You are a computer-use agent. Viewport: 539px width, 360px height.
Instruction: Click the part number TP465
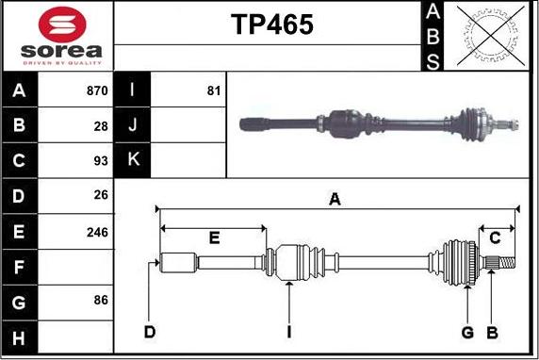(x=272, y=26)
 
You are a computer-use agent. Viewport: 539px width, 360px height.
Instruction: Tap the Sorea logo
(x=57, y=36)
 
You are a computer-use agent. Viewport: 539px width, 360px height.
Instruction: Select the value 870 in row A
(x=97, y=91)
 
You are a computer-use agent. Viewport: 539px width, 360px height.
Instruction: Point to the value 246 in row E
(x=97, y=231)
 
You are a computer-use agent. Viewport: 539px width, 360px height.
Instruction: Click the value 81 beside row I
(x=213, y=91)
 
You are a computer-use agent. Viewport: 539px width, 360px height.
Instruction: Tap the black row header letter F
(x=20, y=267)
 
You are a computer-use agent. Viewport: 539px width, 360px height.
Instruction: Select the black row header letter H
(x=20, y=336)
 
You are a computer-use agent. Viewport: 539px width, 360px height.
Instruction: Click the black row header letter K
(x=133, y=160)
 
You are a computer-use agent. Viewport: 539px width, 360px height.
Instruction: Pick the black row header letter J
(x=133, y=125)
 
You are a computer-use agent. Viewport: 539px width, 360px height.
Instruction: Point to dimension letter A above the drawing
(x=334, y=199)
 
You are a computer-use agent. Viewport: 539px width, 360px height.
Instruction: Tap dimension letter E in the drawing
(x=214, y=238)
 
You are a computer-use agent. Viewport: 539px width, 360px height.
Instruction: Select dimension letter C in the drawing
(x=495, y=238)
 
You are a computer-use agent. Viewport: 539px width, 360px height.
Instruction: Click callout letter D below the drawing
(x=149, y=332)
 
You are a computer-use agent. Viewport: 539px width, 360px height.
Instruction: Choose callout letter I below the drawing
(x=289, y=332)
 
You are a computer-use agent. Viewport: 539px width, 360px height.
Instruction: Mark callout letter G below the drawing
(x=466, y=332)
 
